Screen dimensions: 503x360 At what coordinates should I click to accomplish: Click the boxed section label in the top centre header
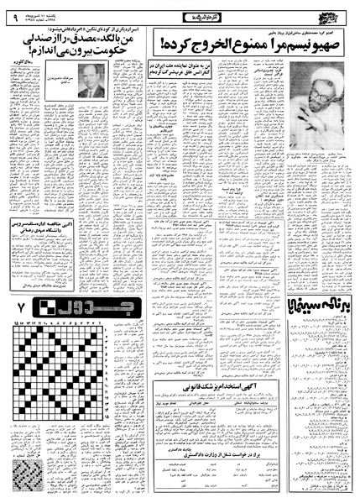[x=180, y=12]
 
